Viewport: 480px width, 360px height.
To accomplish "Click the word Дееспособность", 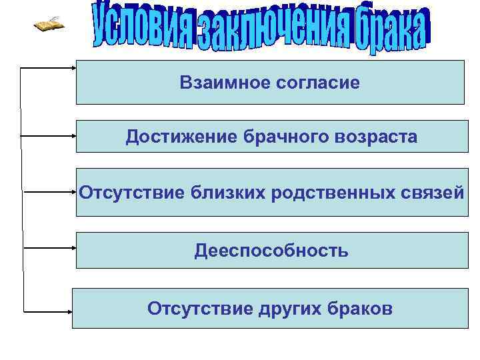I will click(x=271, y=251).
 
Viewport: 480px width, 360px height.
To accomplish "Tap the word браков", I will click(x=361, y=309).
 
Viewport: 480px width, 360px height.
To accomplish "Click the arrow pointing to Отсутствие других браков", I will click(x=48, y=311).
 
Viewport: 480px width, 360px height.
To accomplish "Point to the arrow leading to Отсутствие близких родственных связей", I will click(x=49, y=192).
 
